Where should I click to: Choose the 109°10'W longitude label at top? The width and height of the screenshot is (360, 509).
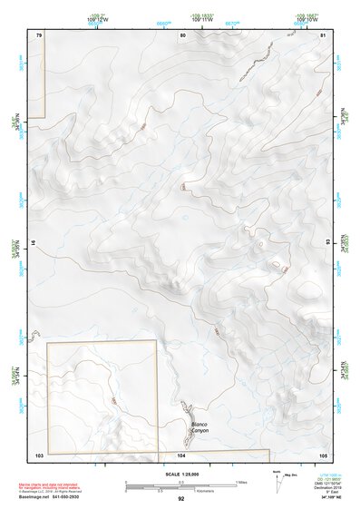[x=308, y=19]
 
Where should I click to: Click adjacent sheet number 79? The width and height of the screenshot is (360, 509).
[x=38, y=34]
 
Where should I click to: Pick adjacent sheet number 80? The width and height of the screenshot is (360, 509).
[x=181, y=34]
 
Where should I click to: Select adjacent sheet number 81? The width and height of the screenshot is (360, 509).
[x=322, y=34]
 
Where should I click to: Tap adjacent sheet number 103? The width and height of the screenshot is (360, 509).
[x=38, y=454]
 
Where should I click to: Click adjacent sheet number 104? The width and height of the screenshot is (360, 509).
[x=181, y=454]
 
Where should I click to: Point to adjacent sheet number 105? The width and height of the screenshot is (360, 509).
[x=322, y=454]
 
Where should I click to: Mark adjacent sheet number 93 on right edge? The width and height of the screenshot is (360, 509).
[x=327, y=243]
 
